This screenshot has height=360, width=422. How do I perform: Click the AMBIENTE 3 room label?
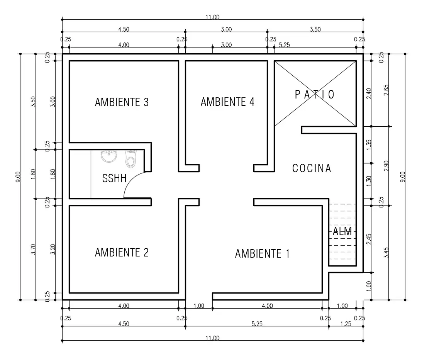click(x=122, y=102)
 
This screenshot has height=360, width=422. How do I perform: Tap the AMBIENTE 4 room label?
click(x=227, y=102)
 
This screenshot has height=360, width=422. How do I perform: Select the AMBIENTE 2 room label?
click(x=122, y=253)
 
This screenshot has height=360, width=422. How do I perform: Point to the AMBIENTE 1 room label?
click(x=263, y=254)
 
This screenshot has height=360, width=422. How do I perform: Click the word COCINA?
click(x=312, y=168)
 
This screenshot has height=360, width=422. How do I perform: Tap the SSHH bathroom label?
click(x=114, y=178)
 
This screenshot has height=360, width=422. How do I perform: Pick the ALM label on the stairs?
click(x=342, y=231)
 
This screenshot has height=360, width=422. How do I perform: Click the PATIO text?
click(x=315, y=95)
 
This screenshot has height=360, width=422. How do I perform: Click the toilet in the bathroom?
click(x=130, y=159)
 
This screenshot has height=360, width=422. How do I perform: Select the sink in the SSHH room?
click(x=109, y=156)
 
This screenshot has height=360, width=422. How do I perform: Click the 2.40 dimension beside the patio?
click(x=369, y=93)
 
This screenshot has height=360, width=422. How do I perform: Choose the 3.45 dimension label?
click(x=386, y=253)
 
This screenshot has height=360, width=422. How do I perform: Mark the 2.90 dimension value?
click(x=386, y=166)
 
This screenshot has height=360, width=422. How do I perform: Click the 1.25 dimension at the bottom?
click(x=346, y=324)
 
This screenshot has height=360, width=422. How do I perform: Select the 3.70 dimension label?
click(x=33, y=249)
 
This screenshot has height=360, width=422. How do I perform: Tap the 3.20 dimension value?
click(x=53, y=249)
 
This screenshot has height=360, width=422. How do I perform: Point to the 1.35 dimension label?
click(x=369, y=144)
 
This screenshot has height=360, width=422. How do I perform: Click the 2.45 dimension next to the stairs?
click(x=369, y=239)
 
